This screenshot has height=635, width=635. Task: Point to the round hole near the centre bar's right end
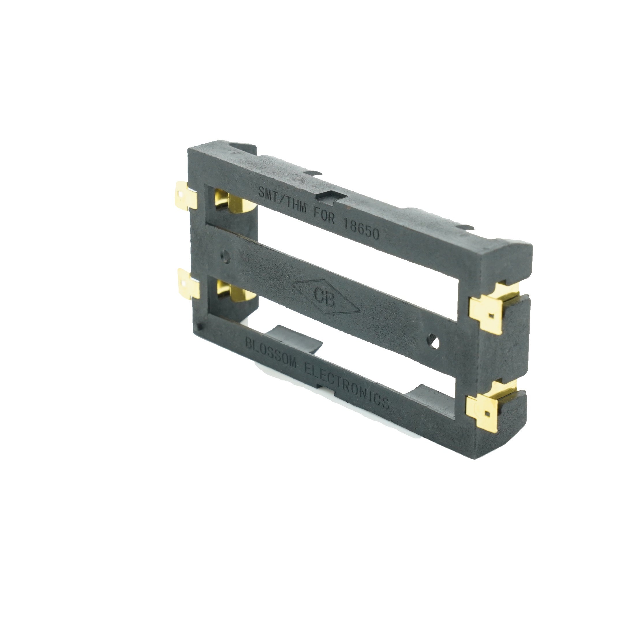pyautogui.click(x=434, y=343)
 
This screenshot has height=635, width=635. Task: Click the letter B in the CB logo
pyautogui.click(x=330, y=300)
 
